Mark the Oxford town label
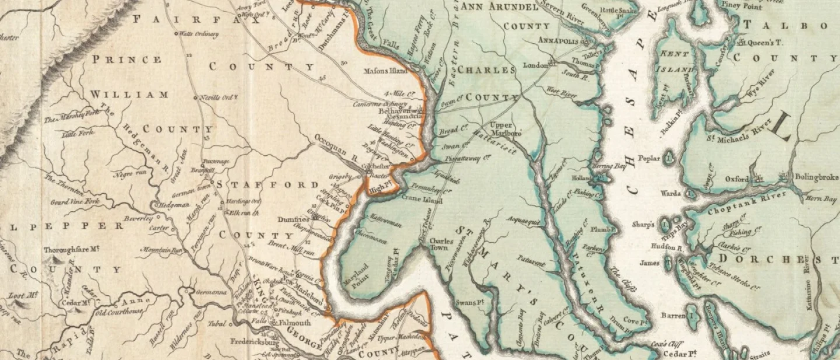coord(736,179)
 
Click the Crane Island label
coord(422,201)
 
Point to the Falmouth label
coord(297,323)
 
